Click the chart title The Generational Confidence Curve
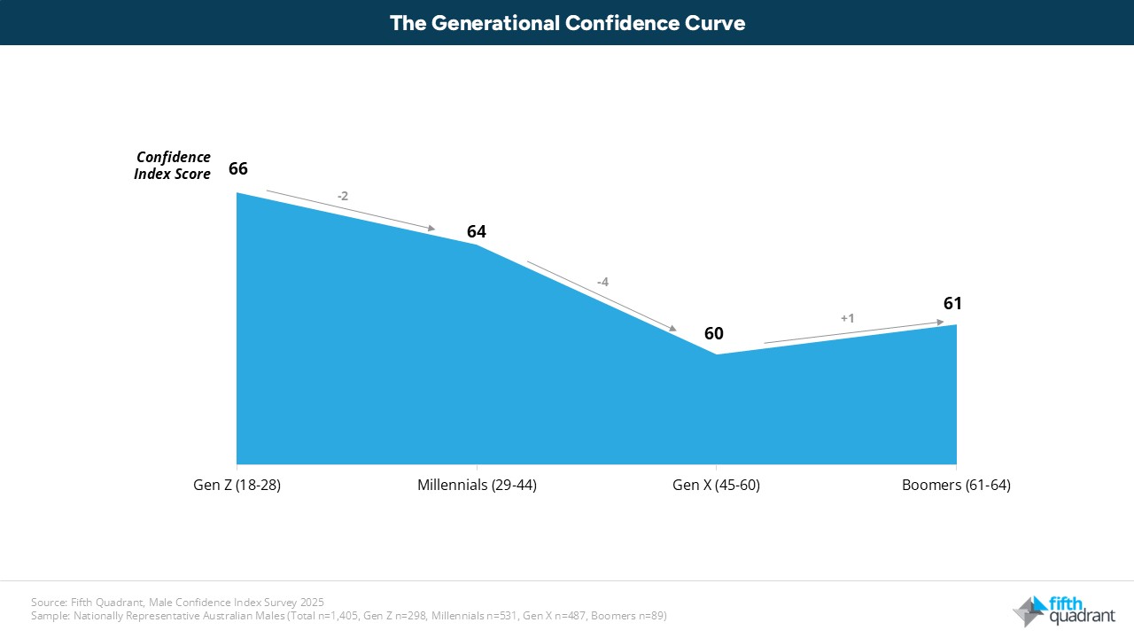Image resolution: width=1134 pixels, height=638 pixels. tap(567, 23)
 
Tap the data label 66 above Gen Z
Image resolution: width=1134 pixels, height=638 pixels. tap(238, 168)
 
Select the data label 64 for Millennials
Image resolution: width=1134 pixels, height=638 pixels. tap(477, 231)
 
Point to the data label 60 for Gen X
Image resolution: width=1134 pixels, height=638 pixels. tap(714, 333)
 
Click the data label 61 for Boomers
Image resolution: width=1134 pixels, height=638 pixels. tap(952, 303)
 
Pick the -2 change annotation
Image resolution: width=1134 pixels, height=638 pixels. tap(343, 196)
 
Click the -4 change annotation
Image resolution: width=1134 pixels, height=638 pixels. tap(602, 282)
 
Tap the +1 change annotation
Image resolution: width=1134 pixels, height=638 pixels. tap(847, 318)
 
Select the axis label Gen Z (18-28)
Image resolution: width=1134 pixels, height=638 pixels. tap(237, 486)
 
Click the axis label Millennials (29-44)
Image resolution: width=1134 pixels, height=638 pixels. tap(477, 486)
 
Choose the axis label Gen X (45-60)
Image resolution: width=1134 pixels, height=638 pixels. tap(716, 486)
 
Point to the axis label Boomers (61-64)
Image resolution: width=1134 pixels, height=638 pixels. tap(956, 486)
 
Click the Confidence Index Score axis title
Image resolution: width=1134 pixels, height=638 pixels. tap(173, 166)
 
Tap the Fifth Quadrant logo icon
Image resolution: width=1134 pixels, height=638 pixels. tap(1029, 611)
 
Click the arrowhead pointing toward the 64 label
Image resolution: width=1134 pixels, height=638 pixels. tap(431, 229)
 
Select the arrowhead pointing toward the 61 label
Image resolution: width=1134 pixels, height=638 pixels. tap(940, 323)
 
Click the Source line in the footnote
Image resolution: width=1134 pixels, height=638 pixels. tap(177, 603)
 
